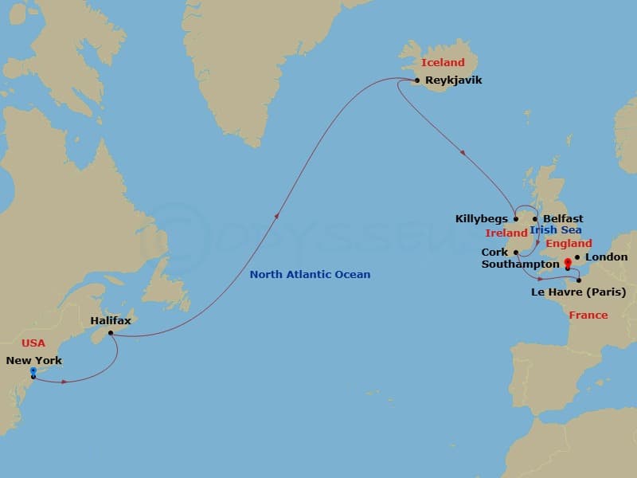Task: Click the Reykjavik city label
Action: tap(454, 80)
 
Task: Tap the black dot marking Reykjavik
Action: tap(417, 80)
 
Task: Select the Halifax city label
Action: tap(111, 320)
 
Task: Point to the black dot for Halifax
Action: tap(111, 333)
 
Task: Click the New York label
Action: tap(33, 360)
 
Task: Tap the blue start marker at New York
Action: tap(33, 370)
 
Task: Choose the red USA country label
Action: tap(33, 343)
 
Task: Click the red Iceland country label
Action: tap(443, 62)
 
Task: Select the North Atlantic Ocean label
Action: tap(310, 275)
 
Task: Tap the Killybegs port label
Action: tap(481, 219)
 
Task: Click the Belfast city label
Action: tap(563, 219)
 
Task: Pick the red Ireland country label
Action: tap(506, 233)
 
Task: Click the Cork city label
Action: tap(494, 252)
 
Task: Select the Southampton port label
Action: tap(521, 264)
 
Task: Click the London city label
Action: tap(607, 257)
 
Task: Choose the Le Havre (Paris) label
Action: tap(578, 292)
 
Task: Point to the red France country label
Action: tap(588, 315)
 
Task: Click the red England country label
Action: tap(569, 244)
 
